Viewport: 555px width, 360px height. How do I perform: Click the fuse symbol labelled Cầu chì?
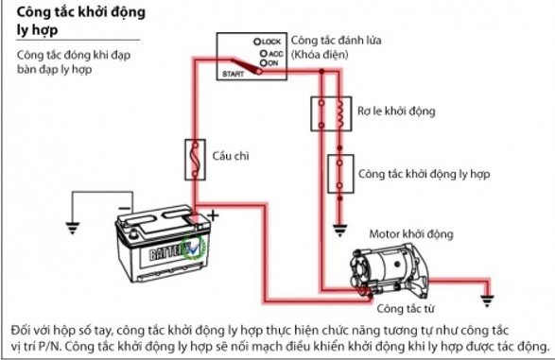(195, 160)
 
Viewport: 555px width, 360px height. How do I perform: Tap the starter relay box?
(331, 113)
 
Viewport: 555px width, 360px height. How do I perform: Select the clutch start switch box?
(340, 174)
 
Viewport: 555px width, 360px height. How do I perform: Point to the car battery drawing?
(164, 243)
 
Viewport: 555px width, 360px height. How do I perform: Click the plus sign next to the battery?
(213, 215)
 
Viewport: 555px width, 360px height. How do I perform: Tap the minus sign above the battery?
(124, 208)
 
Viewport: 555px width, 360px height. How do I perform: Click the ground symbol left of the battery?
(73, 228)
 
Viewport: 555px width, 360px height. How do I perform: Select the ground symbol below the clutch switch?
(339, 231)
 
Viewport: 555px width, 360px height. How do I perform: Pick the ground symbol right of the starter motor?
(487, 300)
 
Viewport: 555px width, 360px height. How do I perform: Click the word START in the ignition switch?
(233, 74)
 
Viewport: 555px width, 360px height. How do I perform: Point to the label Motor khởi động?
(411, 234)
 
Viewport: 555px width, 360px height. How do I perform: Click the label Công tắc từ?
(405, 309)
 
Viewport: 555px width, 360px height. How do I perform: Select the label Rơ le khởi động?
(396, 111)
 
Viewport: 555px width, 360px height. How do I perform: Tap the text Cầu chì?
(231, 156)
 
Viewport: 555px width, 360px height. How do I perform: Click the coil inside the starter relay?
(340, 113)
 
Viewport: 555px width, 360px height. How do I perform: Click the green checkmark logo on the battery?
(193, 247)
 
